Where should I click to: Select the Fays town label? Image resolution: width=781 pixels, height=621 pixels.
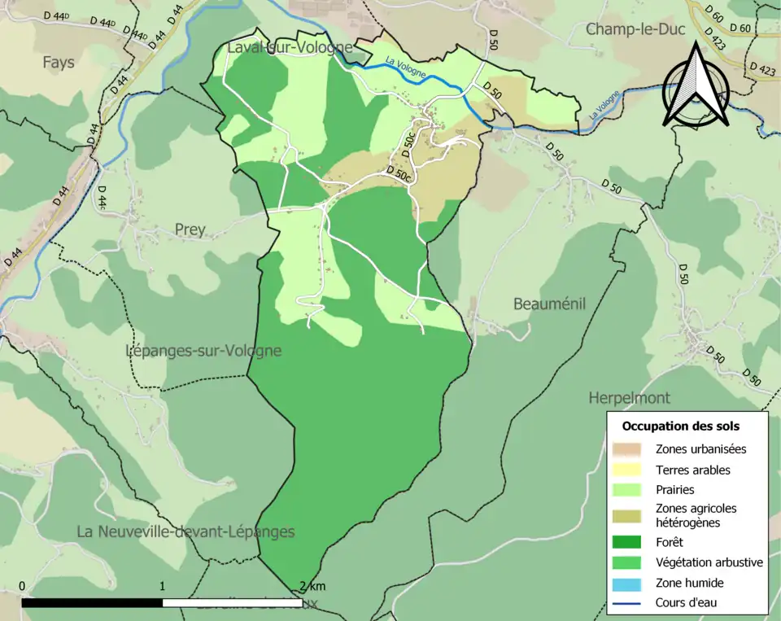pos(59,62)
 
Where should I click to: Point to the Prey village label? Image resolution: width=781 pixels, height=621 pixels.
pos(190,230)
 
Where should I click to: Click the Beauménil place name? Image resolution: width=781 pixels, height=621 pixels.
pos(549,304)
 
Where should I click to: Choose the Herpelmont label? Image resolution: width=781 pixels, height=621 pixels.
pos(629,398)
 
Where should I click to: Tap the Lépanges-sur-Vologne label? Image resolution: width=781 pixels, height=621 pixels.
pos(203,351)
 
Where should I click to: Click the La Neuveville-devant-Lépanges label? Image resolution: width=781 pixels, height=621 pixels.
pos(185,531)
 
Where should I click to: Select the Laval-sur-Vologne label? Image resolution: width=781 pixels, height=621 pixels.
pos(289,48)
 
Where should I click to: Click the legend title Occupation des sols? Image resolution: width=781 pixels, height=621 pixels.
pos(680,426)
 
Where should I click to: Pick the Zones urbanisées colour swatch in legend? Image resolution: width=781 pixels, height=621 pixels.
pos(626,448)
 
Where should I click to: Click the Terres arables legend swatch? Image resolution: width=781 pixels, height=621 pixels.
pos(626,470)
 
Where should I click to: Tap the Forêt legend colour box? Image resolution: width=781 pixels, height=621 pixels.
pos(626,541)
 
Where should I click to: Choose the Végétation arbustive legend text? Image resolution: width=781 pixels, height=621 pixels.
pos(709,562)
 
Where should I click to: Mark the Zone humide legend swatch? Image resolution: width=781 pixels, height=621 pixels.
pos(626,583)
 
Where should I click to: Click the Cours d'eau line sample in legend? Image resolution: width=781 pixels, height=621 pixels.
pos(626,603)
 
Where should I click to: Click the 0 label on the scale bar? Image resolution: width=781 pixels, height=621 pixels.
pos(22,587)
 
